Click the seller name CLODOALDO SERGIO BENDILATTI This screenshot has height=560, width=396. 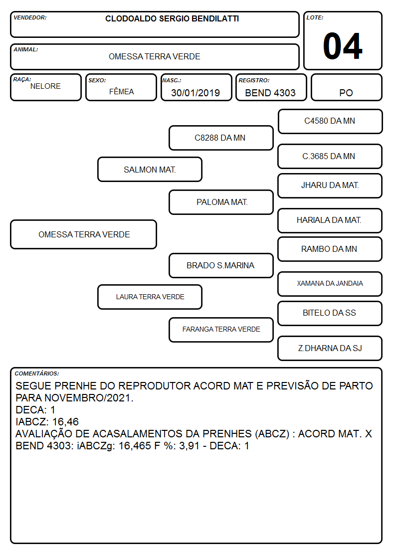pyautogui.click(x=172, y=18)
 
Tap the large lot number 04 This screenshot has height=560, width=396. pyautogui.click(x=343, y=46)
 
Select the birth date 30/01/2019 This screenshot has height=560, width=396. pyautogui.click(x=196, y=93)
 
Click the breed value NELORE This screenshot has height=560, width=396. pyautogui.click(x=45, y=86)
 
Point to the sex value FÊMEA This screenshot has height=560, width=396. pyautogui.click(x=121, y=91)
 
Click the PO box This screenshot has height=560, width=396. pyautogui.click(x=346, y=87)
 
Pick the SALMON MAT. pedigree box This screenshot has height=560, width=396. pyautogui.click(x=150, y=169)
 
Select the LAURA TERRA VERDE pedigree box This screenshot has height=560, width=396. pyautogui.click(x=150, y=297)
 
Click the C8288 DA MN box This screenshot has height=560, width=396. pyautogui.click(x=221, y=138)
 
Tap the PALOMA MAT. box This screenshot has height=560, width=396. pyautogui.click(x=221, y=202)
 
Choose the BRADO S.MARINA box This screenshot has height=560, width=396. pyautogui.click(x=221, y=265)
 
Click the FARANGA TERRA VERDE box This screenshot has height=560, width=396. pyautogui.click(x=221, y=330)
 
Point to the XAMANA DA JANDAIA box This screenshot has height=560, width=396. pyautogui.click(x=330, y=284)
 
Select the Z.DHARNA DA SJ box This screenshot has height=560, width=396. pyautogui.click(x=330, y=348)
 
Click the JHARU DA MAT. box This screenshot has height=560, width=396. pyautogui.click(x=330, y=186)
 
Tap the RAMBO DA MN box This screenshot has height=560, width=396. pyautogui.click(x=330, y=249)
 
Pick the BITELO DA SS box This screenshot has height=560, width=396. pyautogui.click(x=330, y=313)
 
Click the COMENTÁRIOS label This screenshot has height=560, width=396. pyautogui.click(x=37, y=373)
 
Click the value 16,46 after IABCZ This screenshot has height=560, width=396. pyautogui.click(x=65, y=422)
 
